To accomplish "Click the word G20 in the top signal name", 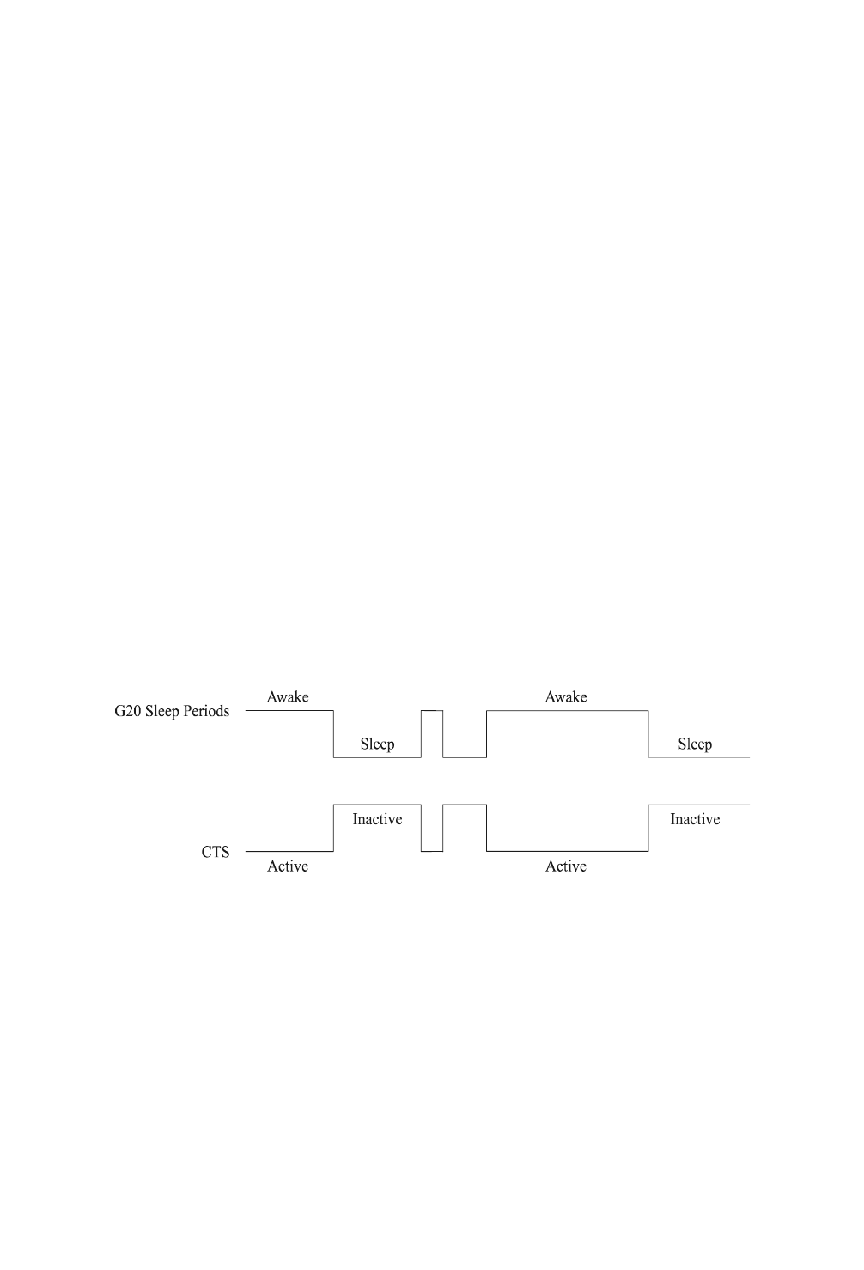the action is click(x=129, y=712).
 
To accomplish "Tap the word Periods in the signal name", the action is click(x=206, y=712).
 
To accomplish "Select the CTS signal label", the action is click(x=215, y=853).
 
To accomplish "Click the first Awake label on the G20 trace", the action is click(x=288, y=697).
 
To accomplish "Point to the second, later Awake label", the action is click(x=566, y=697).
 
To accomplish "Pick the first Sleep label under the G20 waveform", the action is click(x=377, y=744).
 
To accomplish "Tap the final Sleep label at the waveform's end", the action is click(x=695, y=744).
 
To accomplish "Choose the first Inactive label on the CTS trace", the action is click(x=377, y=819).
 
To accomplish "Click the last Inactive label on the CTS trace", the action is click(x=695, y=819).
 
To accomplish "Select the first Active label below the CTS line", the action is click(x=288, y=866).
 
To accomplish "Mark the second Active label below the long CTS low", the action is click(x=566, y=866).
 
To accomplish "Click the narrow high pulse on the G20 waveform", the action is click(x=432, y=711).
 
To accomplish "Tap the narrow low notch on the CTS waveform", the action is click(x=432, y=851).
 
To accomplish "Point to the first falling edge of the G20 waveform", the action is click(x=333, y=734).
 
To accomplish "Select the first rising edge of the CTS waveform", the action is click(x=333, y=828).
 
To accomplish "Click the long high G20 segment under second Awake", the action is click(x=567, y=711).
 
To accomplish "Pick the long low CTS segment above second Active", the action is click(x=567, y=851).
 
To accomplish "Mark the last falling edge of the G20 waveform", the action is click(x=648, y=734).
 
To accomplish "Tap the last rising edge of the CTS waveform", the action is click(x=648, y=828).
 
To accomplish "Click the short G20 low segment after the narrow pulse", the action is click(x=465, y=757).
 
